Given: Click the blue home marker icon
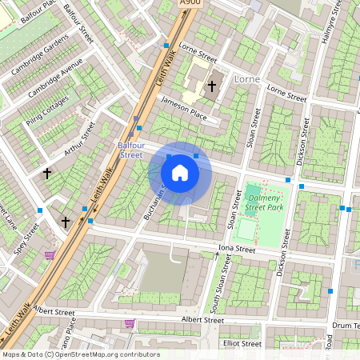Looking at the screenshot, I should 180,173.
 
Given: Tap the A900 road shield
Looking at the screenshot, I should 191,4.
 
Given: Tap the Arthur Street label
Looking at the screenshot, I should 80,137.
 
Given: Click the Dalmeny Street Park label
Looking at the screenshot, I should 266,202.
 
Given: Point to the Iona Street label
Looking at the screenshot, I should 236,250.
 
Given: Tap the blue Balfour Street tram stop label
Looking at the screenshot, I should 130,150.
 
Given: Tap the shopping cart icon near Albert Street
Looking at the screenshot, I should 130,324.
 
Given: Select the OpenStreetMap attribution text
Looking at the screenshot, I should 81,354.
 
